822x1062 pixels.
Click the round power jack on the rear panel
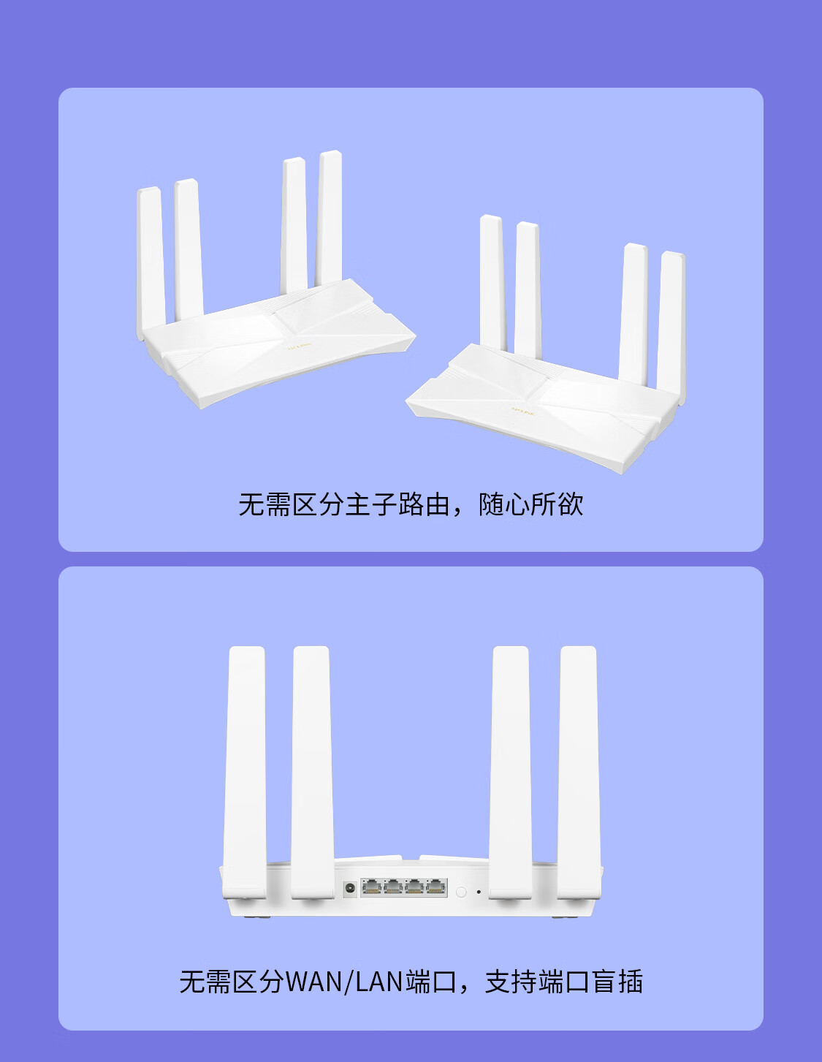[350, 888]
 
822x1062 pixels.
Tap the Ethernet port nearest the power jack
[372, 887]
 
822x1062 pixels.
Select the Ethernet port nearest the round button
[436, 887]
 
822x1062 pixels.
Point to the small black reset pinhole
[479, 892]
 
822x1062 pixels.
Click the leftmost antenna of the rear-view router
[244, 773]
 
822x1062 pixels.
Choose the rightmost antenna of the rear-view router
[579, 773]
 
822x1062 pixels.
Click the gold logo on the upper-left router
[299, 346]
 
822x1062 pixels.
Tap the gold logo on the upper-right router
[523, 411]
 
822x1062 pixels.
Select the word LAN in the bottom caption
[379, 982]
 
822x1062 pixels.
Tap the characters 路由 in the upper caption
[424, 504]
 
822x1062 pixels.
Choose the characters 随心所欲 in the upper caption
[531, 504]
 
